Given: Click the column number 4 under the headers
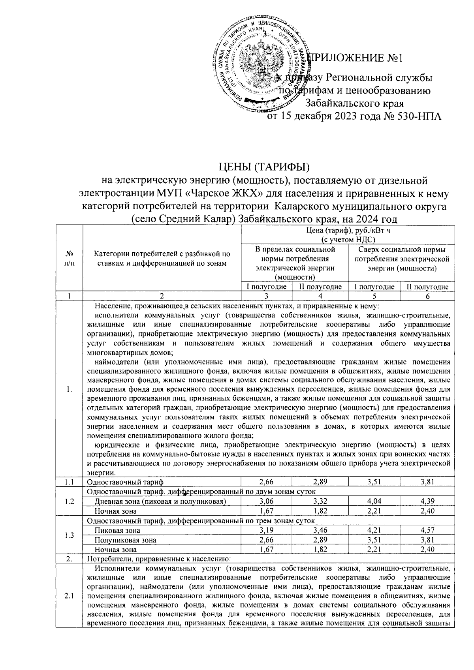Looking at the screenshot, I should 320,297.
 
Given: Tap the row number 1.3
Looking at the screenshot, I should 69,535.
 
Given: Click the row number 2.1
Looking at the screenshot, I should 69,597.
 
